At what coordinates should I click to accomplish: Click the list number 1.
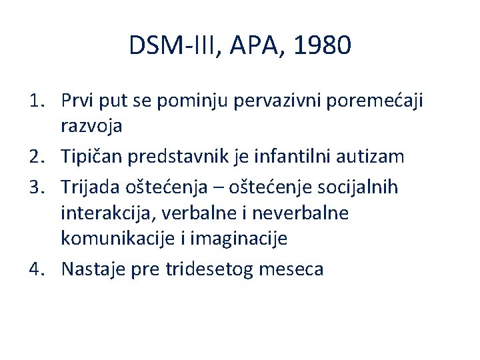pos(38,101)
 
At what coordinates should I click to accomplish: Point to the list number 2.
pos(38,157)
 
